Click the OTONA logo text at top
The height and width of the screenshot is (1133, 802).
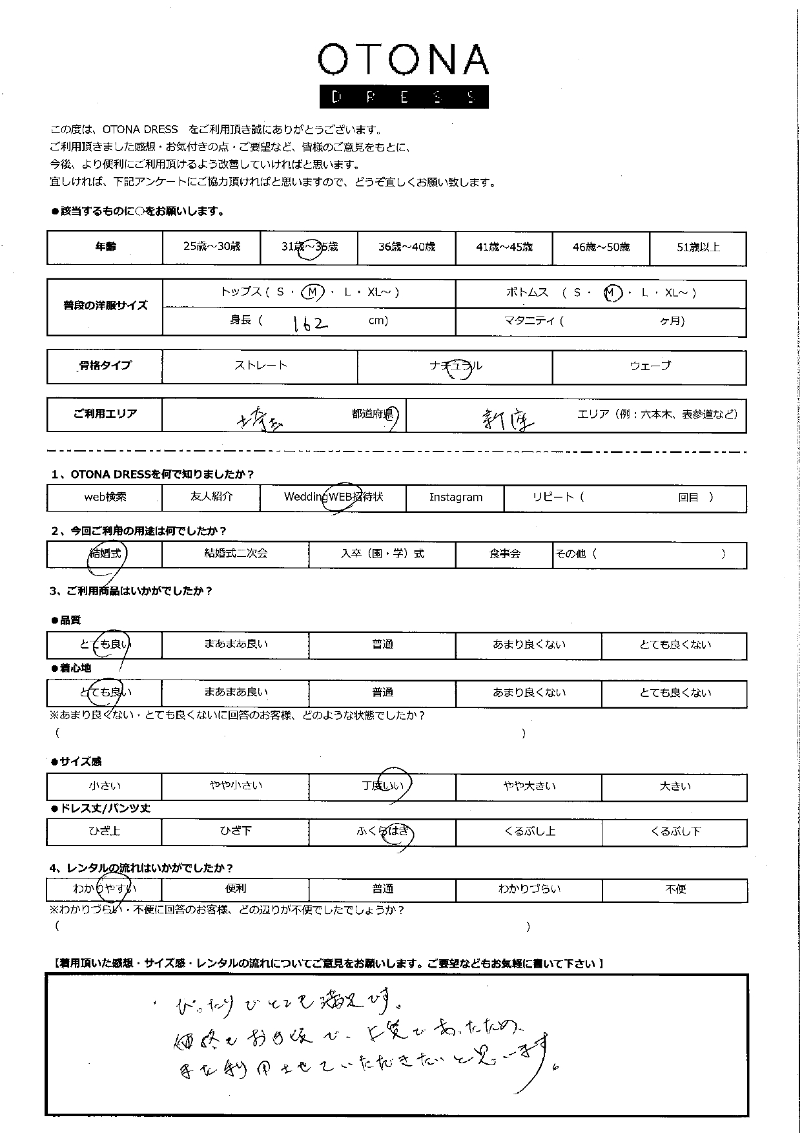coord(403,61)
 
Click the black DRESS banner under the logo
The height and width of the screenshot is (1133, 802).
coord(403,97)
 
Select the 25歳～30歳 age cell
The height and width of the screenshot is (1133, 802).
coord(211,247)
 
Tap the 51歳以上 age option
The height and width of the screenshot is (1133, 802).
coord(697,247)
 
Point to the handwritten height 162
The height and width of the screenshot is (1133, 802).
coord(310,322)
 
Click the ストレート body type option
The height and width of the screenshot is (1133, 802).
coord(260,366)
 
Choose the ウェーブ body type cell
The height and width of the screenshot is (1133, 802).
coord(650,366)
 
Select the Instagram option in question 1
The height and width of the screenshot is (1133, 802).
coord(455,497)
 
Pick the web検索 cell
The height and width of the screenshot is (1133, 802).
coord(105,497)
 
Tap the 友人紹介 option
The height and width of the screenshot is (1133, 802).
coord(211,497)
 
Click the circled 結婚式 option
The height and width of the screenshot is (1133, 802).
coord(105,554)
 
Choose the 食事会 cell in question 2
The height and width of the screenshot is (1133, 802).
coord(504,554)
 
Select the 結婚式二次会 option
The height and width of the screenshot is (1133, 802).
coord(235,554)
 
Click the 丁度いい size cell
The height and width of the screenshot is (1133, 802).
coord(382,786)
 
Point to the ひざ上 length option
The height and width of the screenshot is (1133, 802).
coord(105,831)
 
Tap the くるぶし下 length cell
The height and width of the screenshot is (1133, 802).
coord(675,831)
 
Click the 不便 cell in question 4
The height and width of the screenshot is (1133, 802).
coord(675,889)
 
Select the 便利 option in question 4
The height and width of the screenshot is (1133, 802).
coord(235,889)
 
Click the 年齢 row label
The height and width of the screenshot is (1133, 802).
coord(105,247)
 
